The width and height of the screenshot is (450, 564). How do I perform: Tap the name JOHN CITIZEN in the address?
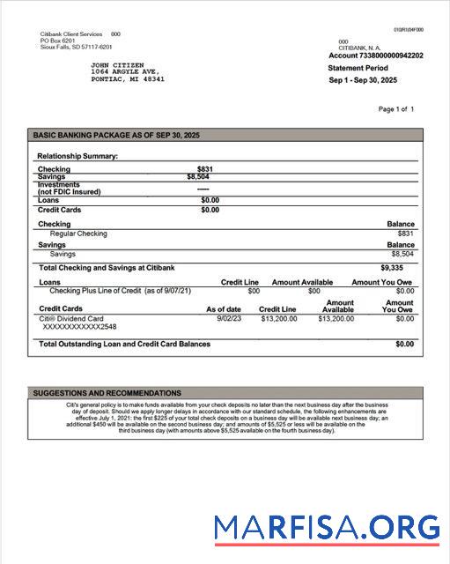pyautogui.click(x=119, y=65)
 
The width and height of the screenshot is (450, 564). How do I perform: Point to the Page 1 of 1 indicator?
pyautogui.click(x=395, y=109)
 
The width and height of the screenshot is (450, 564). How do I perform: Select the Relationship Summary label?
pyautogui.click(x=77, y=156)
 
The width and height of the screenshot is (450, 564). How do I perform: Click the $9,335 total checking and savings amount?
pyautogui.click(x=392, y=267)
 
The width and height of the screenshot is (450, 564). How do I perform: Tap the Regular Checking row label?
pyautogui.click(x=78, y=234)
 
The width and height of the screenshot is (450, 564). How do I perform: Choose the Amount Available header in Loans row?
pyautogui.click(x=302, y=282)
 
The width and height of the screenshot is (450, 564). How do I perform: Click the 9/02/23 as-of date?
pyautogui.click(x=229, y=318)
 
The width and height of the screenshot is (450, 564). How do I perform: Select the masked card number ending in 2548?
pyautogui.click(x=79, y=327)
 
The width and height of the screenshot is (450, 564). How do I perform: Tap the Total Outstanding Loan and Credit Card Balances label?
pyautogui.click(x=125, y=344)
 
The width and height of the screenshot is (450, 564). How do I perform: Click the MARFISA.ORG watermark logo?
pyautogui.click(x=327, y=528)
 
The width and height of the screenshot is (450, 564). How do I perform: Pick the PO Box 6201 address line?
pyautogui.click(x=58, y=41)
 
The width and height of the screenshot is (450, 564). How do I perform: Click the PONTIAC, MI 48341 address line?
pyautogui.click(x=128, y=79)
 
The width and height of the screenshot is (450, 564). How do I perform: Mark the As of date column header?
pyautogui.click(x=224, y=309)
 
